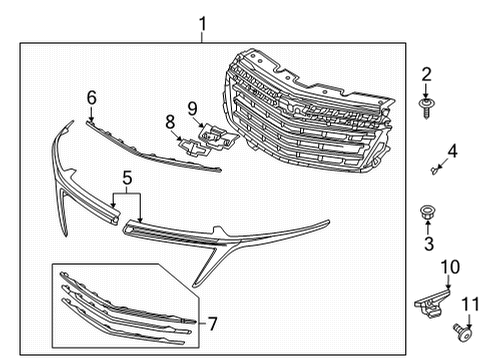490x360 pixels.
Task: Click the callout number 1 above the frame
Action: [202, 24]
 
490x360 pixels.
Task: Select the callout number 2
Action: [426, 74]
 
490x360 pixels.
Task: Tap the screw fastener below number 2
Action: [425, 108]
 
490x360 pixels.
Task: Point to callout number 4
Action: [452, 151]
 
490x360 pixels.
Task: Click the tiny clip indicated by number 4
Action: [434, 171]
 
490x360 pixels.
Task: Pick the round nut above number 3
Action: [426, 212]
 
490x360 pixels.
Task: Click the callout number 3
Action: [429, 244]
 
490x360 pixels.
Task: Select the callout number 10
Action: [450, 267]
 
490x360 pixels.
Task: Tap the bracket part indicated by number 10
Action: [432, 304]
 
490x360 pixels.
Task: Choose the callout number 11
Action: [470, 304]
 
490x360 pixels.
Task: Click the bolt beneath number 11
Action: [464, 333]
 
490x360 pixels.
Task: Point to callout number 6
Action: [92, 98]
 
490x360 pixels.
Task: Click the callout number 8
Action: [170, 122]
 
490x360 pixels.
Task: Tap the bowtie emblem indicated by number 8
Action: [194, 146]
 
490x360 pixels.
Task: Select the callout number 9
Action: [192, 109]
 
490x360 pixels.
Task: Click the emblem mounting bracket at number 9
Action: [217, 136]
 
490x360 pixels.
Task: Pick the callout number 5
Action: [127, 178]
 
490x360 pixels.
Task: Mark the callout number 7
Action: [213, 323]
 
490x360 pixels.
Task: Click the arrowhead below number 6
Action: [91, 118]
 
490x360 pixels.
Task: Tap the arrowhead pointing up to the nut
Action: [428, 222]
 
